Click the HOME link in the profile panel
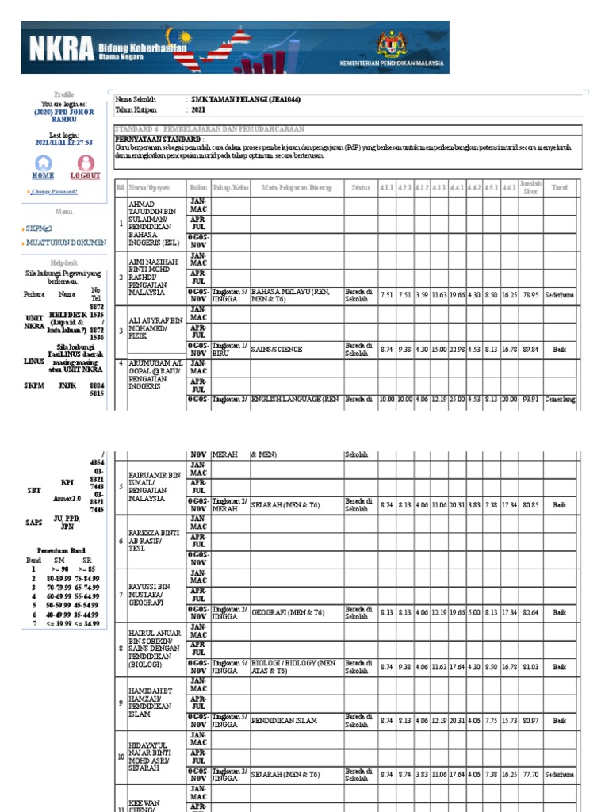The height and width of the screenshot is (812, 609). pyautogui.click(x=43, y=174)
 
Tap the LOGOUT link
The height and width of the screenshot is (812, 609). pyautogui.click(x=85, y=174)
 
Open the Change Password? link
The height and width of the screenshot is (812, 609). pyautogui.click(x=55, y=192)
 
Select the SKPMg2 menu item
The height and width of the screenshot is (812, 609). pyautogui.click(x=42, y=228)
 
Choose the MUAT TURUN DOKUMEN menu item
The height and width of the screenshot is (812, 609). pyautogui.click(x=66, y=243)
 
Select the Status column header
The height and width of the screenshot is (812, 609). pyautogui.click(x=361, y=188)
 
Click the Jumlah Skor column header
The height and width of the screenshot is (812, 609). pyautogui.click(x=530, y=188)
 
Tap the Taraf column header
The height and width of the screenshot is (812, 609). pyautogui.click(x=560, y=188)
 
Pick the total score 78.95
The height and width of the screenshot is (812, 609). pyautogui.click(x=530, y=295)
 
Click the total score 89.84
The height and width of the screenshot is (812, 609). pyautogui.click(x=530, y=348)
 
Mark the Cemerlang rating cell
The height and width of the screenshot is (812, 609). pyautogui.click(x=560, y=400)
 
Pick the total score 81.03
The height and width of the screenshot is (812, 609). pyautogui.click(x=530, y=667)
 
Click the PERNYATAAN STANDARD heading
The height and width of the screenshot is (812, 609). pyautogui.click(x=149, y=139)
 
